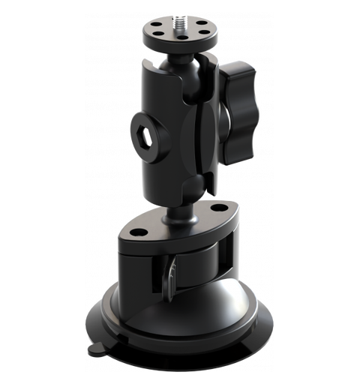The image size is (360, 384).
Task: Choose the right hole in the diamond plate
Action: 219,207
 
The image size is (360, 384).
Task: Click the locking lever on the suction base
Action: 172,277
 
